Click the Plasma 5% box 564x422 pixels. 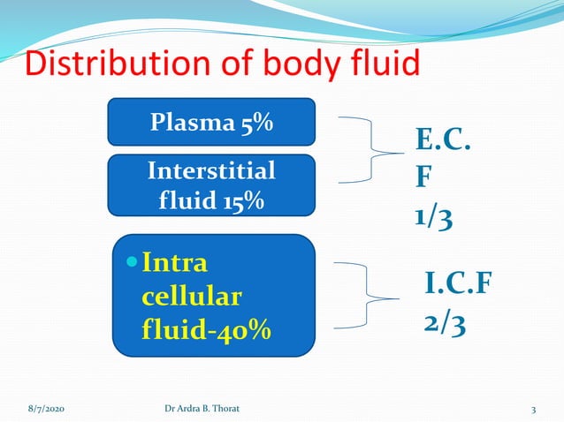[211, 122]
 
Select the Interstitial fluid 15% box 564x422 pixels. [211, 185]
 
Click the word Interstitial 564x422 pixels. [211, 170]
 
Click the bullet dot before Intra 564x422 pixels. [132, 262]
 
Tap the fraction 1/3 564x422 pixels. [435, 217]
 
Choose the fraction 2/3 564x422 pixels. [444, 323]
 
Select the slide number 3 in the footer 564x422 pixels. [534, 410]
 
